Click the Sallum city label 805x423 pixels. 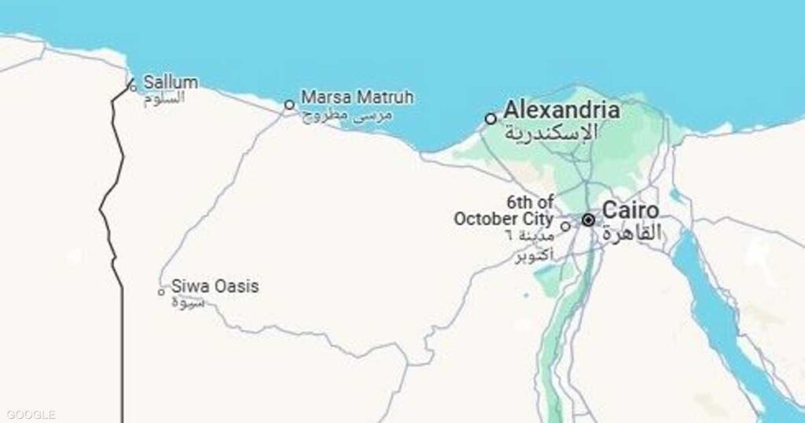pos(171,82)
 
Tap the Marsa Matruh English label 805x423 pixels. pos(358,97)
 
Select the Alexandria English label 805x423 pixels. pos(561,109)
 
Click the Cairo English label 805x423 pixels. pos(630,211)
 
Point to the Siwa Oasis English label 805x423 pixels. pos(215,286)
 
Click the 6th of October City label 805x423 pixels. pos(503,211)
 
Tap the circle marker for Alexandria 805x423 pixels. pos(491,119)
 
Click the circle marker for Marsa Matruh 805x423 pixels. pos(289,104)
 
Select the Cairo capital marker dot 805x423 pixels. pos(588,220)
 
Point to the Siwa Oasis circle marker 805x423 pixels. pos(161,292)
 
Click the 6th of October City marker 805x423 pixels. pos(565,226)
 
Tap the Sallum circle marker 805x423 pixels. pos(133,87)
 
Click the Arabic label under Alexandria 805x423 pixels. pos(550,131)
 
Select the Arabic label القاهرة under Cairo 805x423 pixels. pos(632,233)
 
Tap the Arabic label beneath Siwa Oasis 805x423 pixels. pos(189,303)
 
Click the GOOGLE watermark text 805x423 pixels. pos(30,414)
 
